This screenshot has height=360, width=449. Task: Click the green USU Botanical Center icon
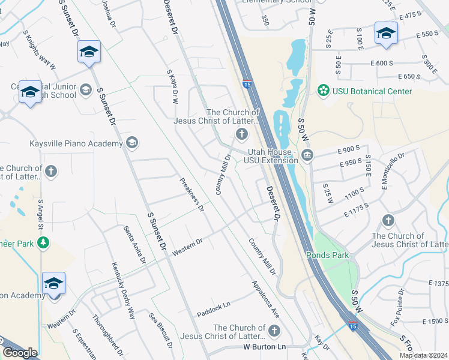[324, 91]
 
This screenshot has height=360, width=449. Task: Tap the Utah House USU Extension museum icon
[307, 155]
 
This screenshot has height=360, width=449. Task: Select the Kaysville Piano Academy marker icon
[132, 143]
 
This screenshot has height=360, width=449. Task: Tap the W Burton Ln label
[264, 347]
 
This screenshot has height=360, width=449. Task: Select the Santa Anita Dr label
[134, 245]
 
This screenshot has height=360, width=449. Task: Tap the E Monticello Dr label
[393, 171]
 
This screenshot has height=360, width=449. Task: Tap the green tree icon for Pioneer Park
[43, 242]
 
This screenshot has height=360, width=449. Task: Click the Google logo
[20, 353]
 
